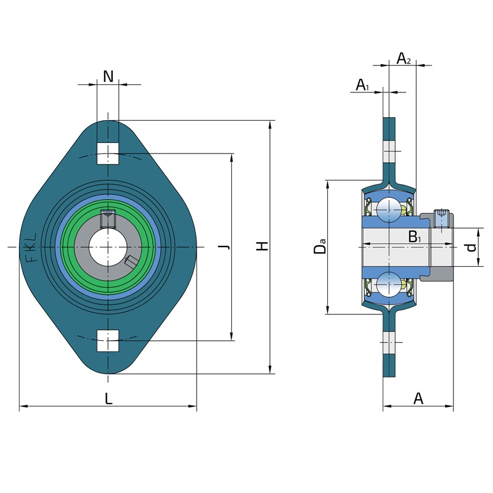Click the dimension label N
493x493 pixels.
point(108,76)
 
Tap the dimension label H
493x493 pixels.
point(263,245)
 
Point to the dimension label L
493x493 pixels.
point(108,399)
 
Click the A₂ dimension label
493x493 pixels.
point(404,59)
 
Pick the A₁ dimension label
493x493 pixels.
point(362,85)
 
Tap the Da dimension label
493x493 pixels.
point(320,245)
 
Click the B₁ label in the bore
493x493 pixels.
point(415,237)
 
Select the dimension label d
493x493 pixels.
point(471,248)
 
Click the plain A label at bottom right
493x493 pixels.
point(418,399)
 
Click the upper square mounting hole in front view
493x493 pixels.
point(108,153)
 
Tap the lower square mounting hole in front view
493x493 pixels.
point(108,341)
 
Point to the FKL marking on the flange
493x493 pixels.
point(31,248)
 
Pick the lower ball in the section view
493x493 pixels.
point(389,285)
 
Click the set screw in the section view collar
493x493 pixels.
point(441,218)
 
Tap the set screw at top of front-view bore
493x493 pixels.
point(108,219)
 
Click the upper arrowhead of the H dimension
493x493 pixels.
point(270,124)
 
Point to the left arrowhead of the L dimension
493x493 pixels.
point(23,406)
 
